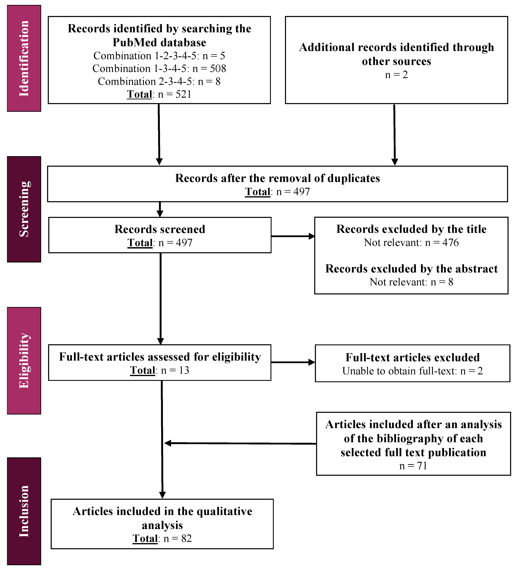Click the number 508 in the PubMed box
218,69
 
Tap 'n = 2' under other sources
396,75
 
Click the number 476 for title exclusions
450,243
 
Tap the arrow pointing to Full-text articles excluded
293,362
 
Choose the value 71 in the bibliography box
422,466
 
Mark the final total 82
187,539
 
